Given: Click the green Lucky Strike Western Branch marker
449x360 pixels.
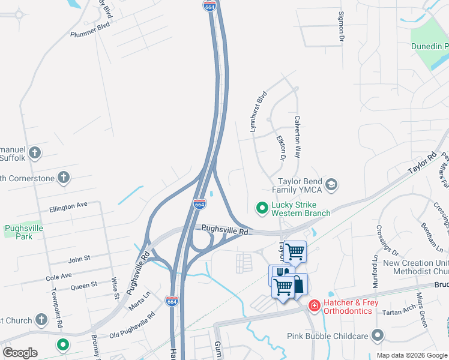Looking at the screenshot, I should click(x=262, y=208).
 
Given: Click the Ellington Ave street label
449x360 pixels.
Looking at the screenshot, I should click(x=69, y=206).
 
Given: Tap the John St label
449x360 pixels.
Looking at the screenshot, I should click(x=79, y=259).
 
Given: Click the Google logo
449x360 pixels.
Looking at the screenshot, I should click(x=20, y=353).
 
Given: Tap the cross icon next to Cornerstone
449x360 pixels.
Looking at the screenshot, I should click(x=64, y=178).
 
